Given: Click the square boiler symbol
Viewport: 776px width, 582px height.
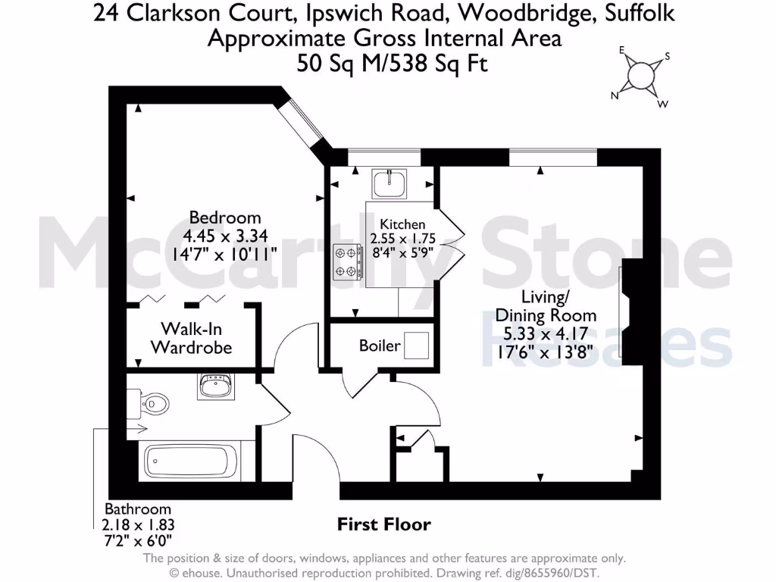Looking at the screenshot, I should (416, 346).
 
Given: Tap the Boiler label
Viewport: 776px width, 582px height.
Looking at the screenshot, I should (380, 346).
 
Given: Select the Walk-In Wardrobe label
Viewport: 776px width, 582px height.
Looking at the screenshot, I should (191, 339).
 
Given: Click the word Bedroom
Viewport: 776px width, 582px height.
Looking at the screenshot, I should (225, 217).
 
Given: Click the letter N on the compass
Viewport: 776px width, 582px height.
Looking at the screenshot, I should (616, 96).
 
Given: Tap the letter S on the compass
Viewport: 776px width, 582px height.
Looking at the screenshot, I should (668, 57).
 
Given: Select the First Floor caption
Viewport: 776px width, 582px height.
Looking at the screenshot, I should (383, 524).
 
